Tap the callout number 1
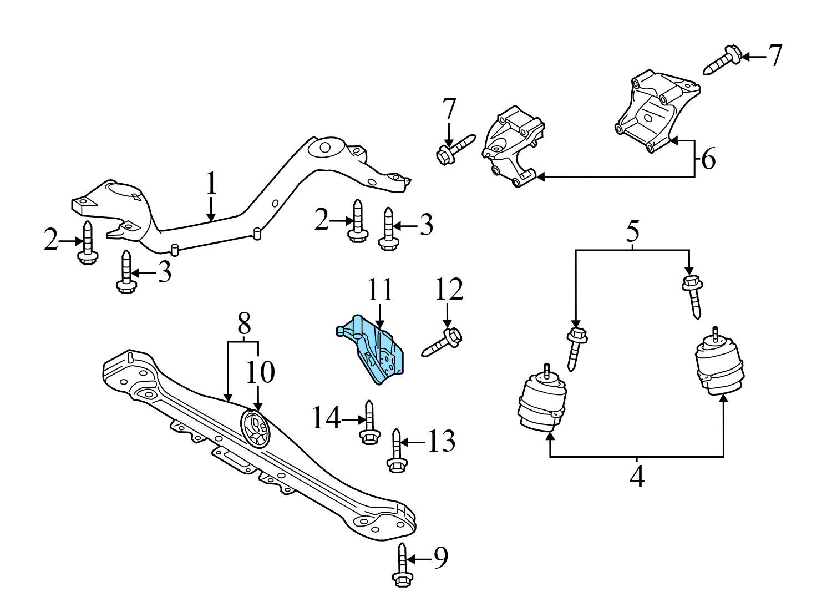point(211,184)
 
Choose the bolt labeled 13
point(396,450)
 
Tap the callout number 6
point(708,159)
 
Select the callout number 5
point(633,232)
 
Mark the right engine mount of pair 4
point(718,366)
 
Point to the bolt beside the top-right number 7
point(723,60)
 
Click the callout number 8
point(243,322)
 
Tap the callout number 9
point(440,559)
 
